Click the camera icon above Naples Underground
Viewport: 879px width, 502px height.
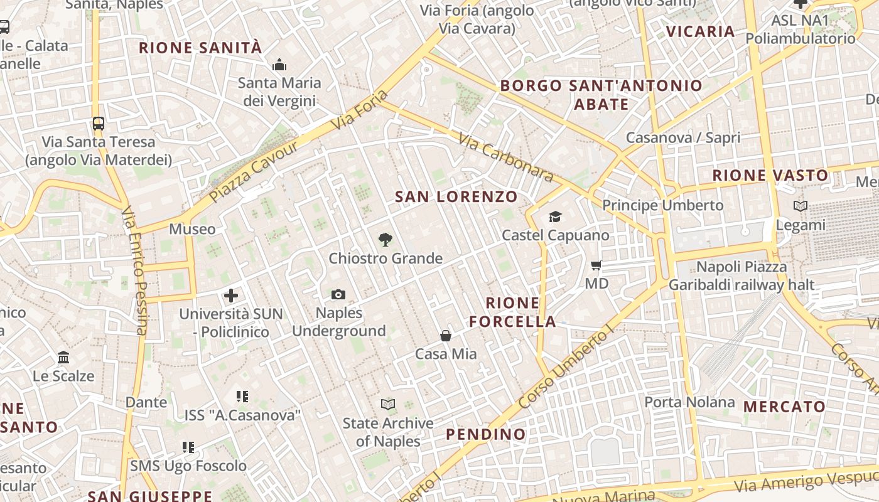(x=338, y=294)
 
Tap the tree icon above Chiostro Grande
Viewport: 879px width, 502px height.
(x=385, y=239)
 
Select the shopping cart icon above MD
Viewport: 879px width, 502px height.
(x=596, y=265)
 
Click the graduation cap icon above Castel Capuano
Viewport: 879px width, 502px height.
(x=555, y=217)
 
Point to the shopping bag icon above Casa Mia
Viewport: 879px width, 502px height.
(x=446, y=336)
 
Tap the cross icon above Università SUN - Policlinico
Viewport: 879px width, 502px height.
(x=231, y=295)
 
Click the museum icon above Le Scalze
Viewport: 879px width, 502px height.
(x=63, y=358)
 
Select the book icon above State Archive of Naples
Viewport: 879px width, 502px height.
(x=388, y=405)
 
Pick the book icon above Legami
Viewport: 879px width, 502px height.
(x=801, y=206)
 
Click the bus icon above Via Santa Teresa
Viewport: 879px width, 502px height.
(x=98, y=123)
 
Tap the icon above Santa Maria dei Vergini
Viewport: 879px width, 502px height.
(x=279, y=65)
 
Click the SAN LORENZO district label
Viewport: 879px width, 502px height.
(x=456, y=196)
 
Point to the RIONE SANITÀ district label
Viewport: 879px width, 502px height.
(x=200, y=48)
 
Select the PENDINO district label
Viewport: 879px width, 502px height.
(x=486, y=434)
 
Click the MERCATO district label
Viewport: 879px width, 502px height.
(x=784, y=407)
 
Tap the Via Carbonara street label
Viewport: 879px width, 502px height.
(x=505, y=158)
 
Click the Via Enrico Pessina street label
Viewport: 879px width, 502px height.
(x=134, y=270)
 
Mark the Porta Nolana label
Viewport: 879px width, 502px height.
(x=689, y=402)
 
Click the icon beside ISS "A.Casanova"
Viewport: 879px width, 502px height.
(x=242, y=397)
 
